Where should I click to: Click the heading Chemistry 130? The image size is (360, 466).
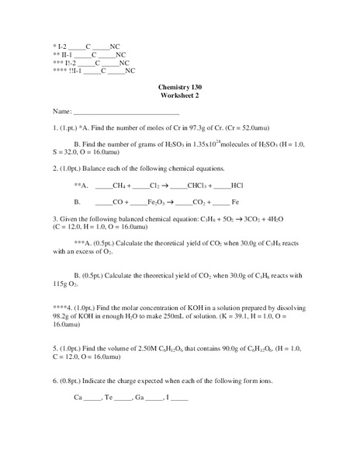(x=179, y=88)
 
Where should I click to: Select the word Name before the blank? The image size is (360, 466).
(x=62, y=112)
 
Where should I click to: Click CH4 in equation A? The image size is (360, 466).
(x=119, y=186)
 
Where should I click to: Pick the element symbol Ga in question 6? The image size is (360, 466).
(x=140, y=398)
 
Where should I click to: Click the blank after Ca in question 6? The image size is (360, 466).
(x=92, y=398)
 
